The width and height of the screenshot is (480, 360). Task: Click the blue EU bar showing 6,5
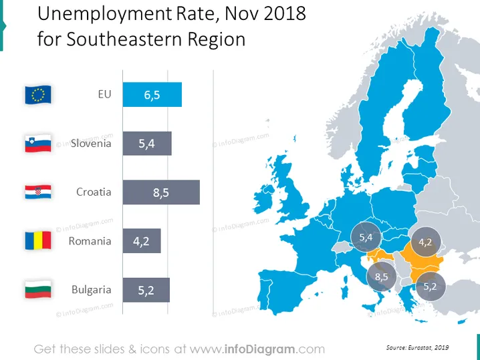click(152, 95)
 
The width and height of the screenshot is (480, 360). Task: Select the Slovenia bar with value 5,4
click(147, 144)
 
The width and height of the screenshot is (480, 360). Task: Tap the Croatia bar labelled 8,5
click(161, 192)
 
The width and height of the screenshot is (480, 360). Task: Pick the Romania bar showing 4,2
click(142, 240)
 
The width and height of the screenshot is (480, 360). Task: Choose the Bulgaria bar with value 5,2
click(146, 290)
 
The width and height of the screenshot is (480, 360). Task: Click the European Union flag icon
click(38, 95)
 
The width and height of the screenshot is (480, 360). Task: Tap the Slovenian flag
click(38, 144)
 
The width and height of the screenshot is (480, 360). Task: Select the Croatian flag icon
click(38, 192)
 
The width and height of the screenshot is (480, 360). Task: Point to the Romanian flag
click(38, 240)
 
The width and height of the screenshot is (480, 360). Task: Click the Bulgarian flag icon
click(38, 289)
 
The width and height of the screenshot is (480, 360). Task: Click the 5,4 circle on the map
click(366, 237)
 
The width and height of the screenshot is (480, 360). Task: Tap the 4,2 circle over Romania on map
click(425, 242)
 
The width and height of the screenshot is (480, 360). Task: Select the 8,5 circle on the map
click(382, 277)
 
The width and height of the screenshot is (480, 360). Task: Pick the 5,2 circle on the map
click(431, 287)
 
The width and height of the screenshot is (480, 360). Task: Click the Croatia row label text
click(94, 192)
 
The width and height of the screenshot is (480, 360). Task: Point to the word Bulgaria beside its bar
click(91, 290)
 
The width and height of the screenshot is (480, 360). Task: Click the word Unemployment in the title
click(105, 15)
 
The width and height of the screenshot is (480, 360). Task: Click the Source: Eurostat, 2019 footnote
click(418, 347)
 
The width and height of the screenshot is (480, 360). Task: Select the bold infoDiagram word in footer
click(260, 349)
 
